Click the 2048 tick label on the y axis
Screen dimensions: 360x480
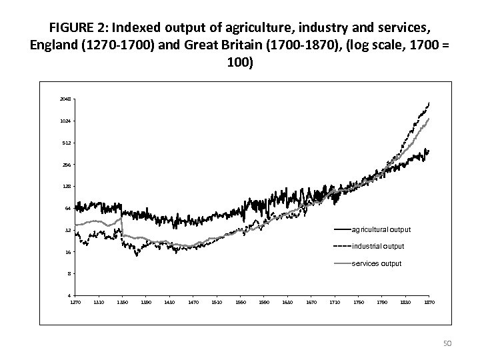tap(65, 99)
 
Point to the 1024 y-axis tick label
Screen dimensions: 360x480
tap(65, 121)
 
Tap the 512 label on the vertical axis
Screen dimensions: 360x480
tap(66, 143)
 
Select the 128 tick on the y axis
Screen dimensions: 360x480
tap(66, 187)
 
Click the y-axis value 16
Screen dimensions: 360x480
tap(67, 252)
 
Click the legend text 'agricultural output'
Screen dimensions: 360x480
tap(381, 229)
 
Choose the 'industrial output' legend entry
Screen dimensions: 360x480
tap(378, 247)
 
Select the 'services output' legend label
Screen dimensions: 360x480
tap(377, 263)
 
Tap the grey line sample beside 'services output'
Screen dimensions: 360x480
tap(341, 263)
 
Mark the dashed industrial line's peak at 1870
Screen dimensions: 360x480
tap(429, 103)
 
